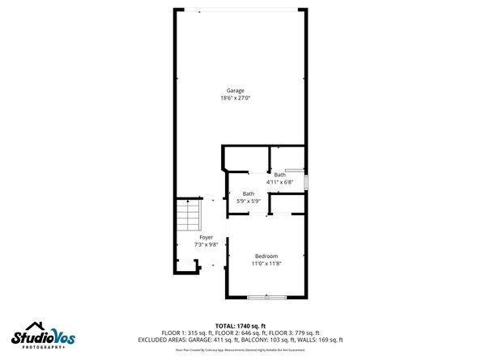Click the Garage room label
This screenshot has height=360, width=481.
(x=235, y=91)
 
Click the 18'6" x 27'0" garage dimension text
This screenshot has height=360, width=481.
(x=235, y=98)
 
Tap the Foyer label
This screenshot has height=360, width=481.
(x=206, y=238)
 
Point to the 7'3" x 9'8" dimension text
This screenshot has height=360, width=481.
(x=206, y=245)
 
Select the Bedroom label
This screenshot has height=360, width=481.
(x=266, y=256)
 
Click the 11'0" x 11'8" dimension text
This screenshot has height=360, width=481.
(x=266, y=263)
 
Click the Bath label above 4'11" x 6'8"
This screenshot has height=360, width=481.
(x=279, y=175)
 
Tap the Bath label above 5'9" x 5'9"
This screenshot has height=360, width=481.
(x=249, y=193)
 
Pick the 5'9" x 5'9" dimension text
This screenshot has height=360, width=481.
(x=249, y=201)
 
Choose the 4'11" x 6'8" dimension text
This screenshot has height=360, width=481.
(x=279, y=182)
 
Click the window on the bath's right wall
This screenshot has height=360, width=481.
(x=306, y=180)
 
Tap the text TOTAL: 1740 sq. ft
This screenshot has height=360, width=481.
(x=240, y=324)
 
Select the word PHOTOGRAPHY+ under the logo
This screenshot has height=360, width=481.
(x=39, y=347)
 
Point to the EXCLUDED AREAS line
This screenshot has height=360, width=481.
(x=240, y=340)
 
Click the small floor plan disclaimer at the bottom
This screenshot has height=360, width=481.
(x=240, y=350)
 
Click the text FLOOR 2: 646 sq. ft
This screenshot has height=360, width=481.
(x=240, y=332)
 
